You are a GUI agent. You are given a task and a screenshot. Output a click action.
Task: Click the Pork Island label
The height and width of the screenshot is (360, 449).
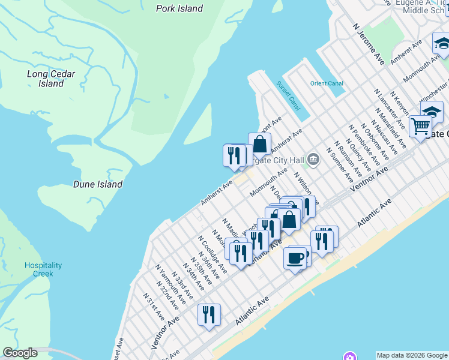pos(179,8)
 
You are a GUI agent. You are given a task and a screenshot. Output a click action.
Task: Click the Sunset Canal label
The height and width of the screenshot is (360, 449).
pos(288,95)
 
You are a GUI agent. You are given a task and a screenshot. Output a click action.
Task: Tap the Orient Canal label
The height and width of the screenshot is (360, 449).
pos(327,83)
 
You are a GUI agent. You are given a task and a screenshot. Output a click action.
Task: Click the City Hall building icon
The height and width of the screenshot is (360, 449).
pos(313,160)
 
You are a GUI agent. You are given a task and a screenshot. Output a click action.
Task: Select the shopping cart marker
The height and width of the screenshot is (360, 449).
pos(421,127)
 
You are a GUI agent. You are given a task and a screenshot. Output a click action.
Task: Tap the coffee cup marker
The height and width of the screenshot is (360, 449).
pos(295,258)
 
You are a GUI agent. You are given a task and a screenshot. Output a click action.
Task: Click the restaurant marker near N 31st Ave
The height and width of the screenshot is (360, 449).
pos(209,314)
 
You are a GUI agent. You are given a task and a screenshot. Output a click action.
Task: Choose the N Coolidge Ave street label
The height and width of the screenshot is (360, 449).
pos(212,252)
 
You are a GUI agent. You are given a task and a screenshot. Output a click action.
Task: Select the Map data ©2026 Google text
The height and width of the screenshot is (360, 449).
pos(412,355)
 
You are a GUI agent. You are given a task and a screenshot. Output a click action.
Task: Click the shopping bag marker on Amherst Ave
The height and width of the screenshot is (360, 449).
pos(259,145)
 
